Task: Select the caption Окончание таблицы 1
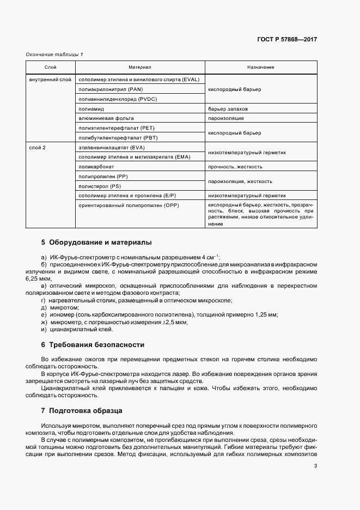click(54, 54)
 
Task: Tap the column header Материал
click(140, 67)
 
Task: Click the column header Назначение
click(260, 67)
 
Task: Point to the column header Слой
click(51, 67)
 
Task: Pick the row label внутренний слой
click(50, 80)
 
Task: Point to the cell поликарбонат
click(96, 167)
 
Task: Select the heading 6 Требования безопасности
click(93, 345)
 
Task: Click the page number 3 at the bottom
click(315, 465)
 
